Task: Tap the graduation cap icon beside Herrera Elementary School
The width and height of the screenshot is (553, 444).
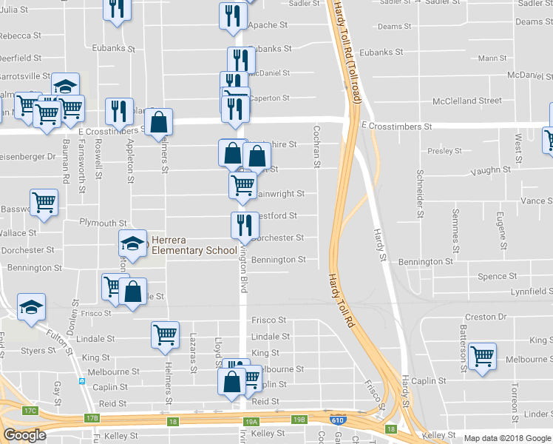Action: [132, 243]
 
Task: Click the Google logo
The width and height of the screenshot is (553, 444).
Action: [24, 435]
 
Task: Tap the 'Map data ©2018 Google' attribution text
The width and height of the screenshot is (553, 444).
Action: [506, 438]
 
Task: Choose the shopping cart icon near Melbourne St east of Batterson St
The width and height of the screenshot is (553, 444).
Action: [482, 357]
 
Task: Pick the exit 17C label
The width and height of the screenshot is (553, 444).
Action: [30, 410]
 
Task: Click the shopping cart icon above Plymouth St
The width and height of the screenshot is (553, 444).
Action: [44, 202]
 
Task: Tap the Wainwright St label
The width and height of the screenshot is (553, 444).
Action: [279, 195]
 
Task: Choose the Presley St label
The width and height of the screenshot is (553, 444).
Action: [444, 151]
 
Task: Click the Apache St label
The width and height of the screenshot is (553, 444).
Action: [267, 25]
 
